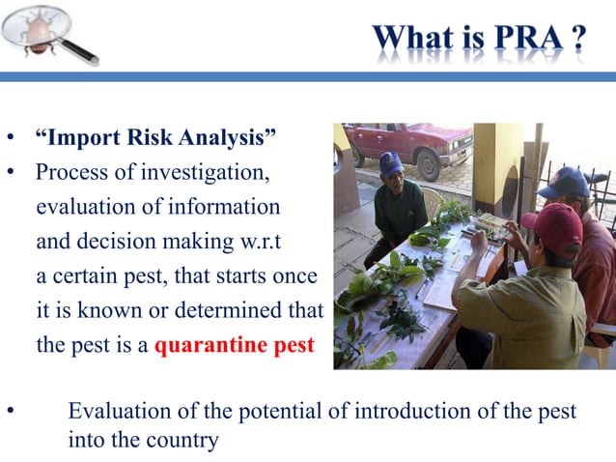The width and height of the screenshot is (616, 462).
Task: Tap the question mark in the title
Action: tap(578, 41)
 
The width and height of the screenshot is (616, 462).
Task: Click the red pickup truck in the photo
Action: tap(406, 146)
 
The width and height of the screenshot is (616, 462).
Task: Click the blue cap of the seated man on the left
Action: tap(390, 163)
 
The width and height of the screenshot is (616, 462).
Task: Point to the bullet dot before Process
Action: tap(13, 174)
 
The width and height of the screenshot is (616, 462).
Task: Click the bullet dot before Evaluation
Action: tap(13, 412)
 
